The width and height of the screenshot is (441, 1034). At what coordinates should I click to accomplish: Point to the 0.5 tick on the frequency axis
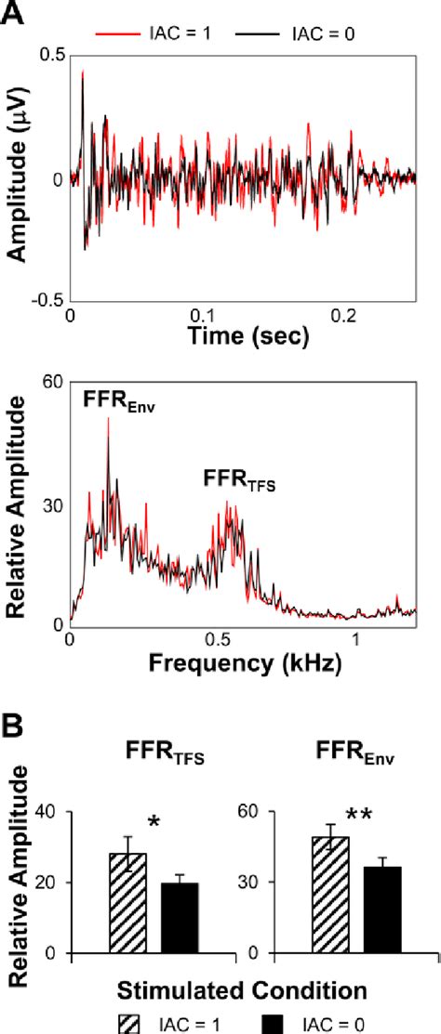215,641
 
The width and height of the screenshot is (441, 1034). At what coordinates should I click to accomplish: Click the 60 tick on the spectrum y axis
54,381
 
